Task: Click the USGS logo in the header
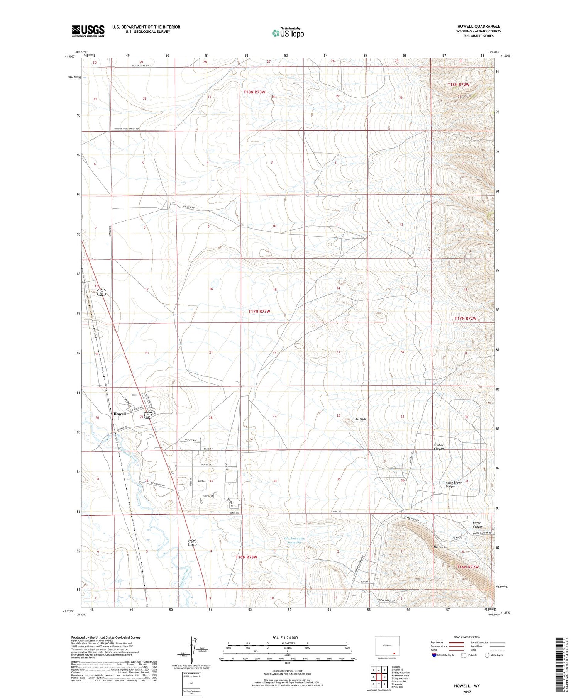pos(88,31)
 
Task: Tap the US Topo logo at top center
pos(288,33)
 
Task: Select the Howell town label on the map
pos(120,414)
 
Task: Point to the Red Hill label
pos(361,419)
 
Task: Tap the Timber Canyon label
pos(439,447)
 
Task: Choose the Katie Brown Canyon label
pos(454,485)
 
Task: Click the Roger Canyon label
pos(477,525)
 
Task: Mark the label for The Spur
pos(439,547)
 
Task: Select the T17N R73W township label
pos(259,311)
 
